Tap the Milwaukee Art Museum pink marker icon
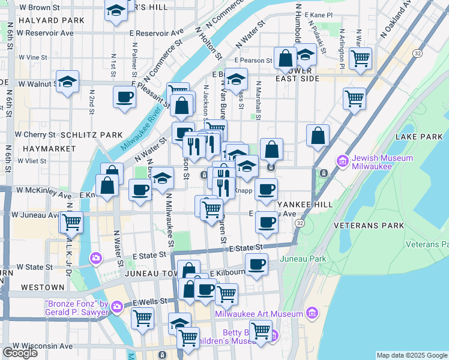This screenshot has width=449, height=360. tap(312, 313)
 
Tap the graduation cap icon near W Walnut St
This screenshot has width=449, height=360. tap(68, 82)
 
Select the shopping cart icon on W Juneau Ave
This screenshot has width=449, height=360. tap(71, 222)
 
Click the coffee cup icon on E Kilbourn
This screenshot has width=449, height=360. tap(257, 263)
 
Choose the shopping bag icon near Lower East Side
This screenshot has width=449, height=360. tap(286, 58)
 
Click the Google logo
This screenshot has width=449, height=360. tap(20, 353)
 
